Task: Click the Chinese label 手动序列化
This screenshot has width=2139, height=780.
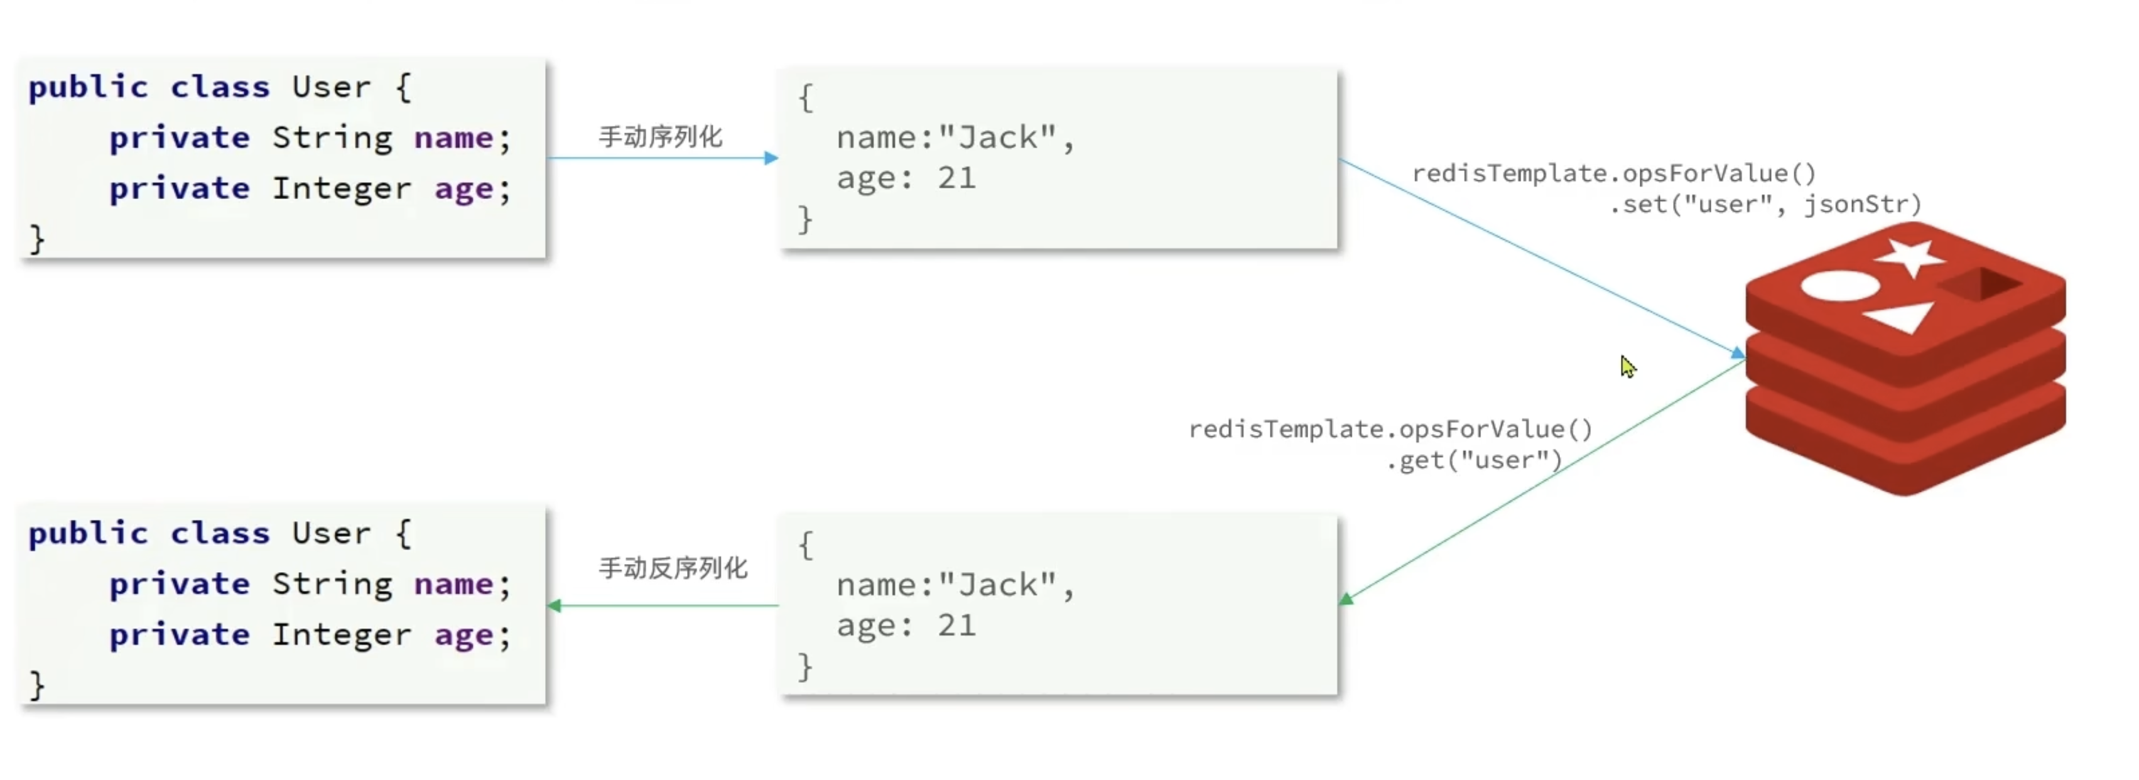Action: tap(660, 136)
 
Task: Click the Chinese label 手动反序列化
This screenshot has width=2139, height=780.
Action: tap(673, 568)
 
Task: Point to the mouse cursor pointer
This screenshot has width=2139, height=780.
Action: tap(1628, 366)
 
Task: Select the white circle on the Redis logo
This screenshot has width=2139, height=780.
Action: tap(1839, 286)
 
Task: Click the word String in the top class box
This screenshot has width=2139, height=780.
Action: tap(332, 138)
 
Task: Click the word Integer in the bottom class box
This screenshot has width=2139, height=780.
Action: tap(341, 636)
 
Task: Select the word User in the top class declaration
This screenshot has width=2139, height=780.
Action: tap(332, 87)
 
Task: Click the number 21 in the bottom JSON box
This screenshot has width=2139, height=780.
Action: tap(956, 626)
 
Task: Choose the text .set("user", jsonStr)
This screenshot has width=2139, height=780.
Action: tap(1765, 204)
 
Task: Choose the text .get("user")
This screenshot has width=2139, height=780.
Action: tap(1474, 460)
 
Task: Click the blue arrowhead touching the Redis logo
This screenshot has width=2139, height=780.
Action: tap(1737, 354)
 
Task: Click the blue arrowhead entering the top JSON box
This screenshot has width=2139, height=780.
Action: tap(771, 158)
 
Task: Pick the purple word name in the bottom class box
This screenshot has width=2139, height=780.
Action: tap(453, 585)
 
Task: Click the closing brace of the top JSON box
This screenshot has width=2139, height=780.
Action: tap(804, 219)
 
